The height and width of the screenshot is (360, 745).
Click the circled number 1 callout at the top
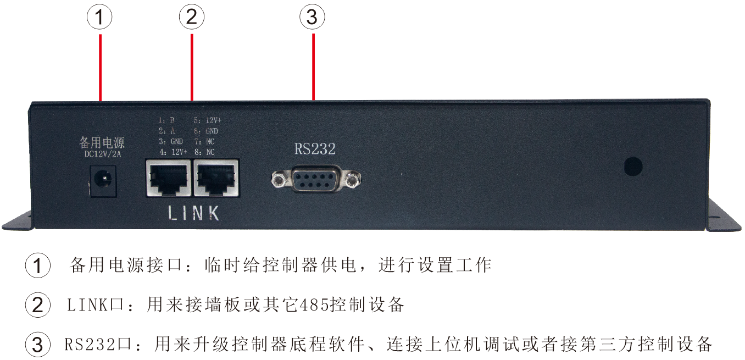(99, 18)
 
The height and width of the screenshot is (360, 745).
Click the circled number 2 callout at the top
(192, 18)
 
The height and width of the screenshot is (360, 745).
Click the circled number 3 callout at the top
(312, 18)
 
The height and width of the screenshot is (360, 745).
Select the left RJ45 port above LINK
(168, 178)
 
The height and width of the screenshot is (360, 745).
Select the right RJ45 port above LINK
(216, 178)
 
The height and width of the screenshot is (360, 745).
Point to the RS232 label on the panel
(315, 149)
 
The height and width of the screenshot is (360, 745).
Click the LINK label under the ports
(193, 213)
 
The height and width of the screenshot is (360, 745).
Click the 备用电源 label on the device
(102, 143)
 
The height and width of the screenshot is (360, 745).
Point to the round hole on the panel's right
(634, 166)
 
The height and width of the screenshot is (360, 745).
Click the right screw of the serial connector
(352, 179)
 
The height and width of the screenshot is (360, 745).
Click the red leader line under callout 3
(313, 66)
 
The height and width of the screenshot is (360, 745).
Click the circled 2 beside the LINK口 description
(38, 305)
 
